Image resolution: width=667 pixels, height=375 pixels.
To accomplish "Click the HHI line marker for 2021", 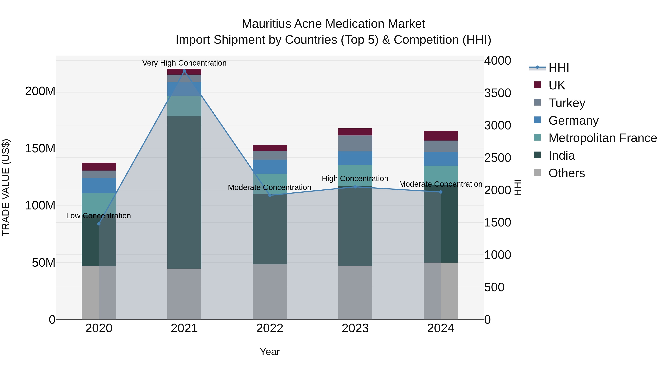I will coord(184,71).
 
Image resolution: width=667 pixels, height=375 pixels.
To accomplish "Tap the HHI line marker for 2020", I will coord(99,224).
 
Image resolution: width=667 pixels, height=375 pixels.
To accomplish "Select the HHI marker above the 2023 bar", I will coord(355,187).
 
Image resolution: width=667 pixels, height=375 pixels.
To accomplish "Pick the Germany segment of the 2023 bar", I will coord(355,158).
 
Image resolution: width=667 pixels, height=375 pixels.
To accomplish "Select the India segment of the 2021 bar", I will coord(184,192).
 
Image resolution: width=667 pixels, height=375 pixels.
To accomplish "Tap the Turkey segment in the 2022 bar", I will coord(270,155).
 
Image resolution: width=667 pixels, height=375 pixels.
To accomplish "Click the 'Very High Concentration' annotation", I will coord(184,63).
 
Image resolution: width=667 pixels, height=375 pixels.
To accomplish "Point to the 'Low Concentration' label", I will coord(98,216).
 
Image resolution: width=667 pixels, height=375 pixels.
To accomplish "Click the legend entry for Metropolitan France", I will coord(602,138).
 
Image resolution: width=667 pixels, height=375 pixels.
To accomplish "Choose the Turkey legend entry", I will coord(567,103).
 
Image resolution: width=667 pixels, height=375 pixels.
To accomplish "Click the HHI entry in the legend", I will coord(558,68).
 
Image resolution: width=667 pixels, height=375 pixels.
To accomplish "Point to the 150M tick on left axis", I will coord(40,149).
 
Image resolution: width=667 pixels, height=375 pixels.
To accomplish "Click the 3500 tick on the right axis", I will coord(497,93).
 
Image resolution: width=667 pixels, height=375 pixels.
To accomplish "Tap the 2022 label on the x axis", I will coord(270,328).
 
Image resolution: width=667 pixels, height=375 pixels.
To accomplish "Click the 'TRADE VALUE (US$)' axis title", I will coord(6,187).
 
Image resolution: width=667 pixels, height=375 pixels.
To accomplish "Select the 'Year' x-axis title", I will coord(270,352).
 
